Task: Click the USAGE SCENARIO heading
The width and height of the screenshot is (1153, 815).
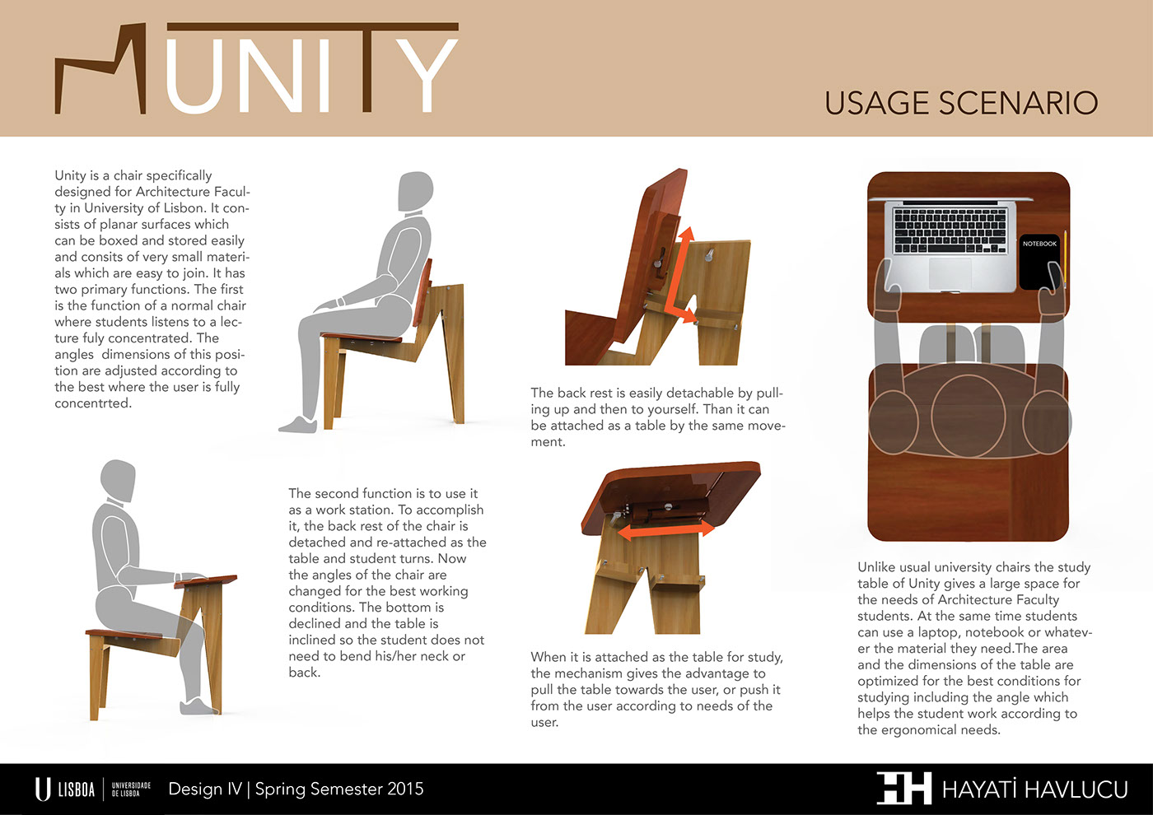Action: click(961, 103)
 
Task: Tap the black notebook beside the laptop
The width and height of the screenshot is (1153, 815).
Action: click(1039, 263)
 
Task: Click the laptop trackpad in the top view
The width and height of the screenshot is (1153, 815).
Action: click(950, 272)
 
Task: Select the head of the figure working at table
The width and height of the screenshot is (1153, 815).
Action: click(118, 480)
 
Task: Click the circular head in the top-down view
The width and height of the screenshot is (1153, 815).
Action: click(969, 417)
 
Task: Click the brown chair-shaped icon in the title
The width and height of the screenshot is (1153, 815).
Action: click(100, 68)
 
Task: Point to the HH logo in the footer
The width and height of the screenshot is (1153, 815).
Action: click(904, 788)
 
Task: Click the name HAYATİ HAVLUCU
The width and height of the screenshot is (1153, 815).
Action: click(1034, 789)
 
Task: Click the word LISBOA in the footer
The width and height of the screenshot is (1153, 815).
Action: click(76, 789)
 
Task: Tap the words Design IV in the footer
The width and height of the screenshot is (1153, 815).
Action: click(205, 789)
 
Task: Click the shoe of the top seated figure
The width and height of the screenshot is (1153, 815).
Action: click(298, 425)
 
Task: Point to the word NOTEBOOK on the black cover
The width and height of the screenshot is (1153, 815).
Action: click(1039, 244)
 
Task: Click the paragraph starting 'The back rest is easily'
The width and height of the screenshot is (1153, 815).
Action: click(657, 417)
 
